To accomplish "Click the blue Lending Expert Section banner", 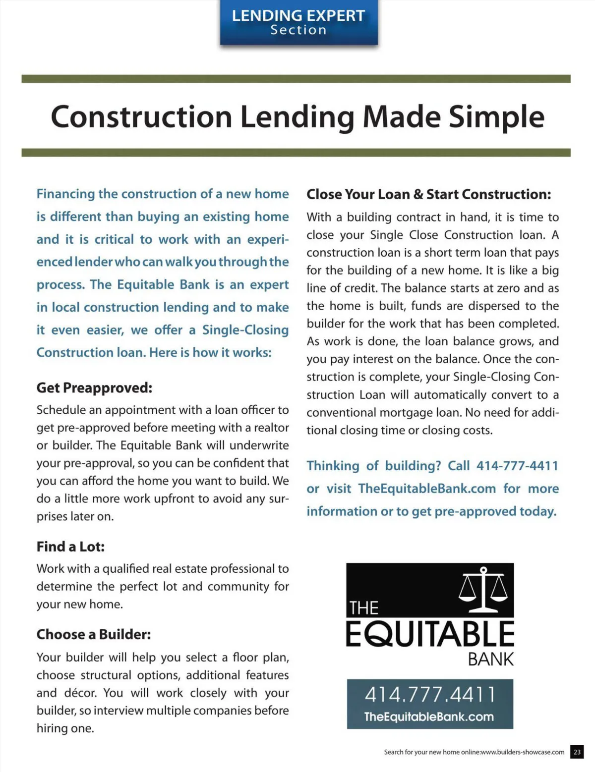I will coord(298,23).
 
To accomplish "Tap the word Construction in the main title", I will coord(141,117).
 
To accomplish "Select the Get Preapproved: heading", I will coord(94,387).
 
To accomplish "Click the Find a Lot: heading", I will coord(70,547).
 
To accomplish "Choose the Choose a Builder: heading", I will coord(94,634).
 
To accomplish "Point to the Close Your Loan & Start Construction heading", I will coord(428,194).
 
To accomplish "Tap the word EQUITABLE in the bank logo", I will coord(430,634).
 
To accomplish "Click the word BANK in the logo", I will coord(491,660).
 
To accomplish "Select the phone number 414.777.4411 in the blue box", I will coord(430,694).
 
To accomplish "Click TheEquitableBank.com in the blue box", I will coord(429,717).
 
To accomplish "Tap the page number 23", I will coord(577,752).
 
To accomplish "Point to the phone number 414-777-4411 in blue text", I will coord(517,466).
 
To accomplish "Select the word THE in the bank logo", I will coord(363,608).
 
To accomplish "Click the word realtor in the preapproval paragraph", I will coord(271,428).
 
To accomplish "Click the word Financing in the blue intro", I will coord(65,194).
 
